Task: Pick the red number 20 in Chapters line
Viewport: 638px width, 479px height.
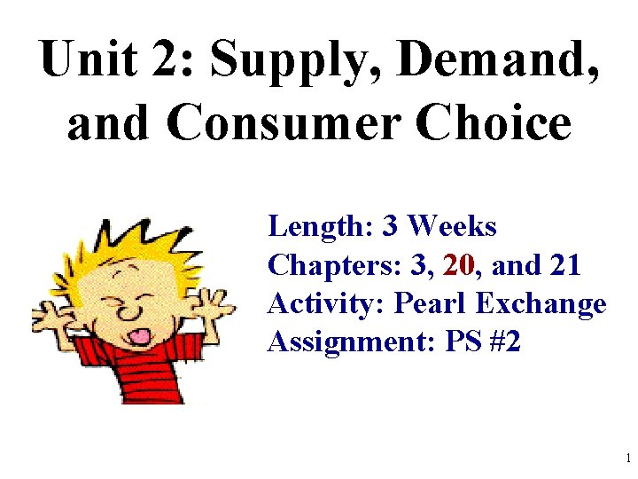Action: pyautogui.click(x=462, y=264)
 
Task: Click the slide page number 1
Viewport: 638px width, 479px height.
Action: pyautogui.click(x=627, y=459)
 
